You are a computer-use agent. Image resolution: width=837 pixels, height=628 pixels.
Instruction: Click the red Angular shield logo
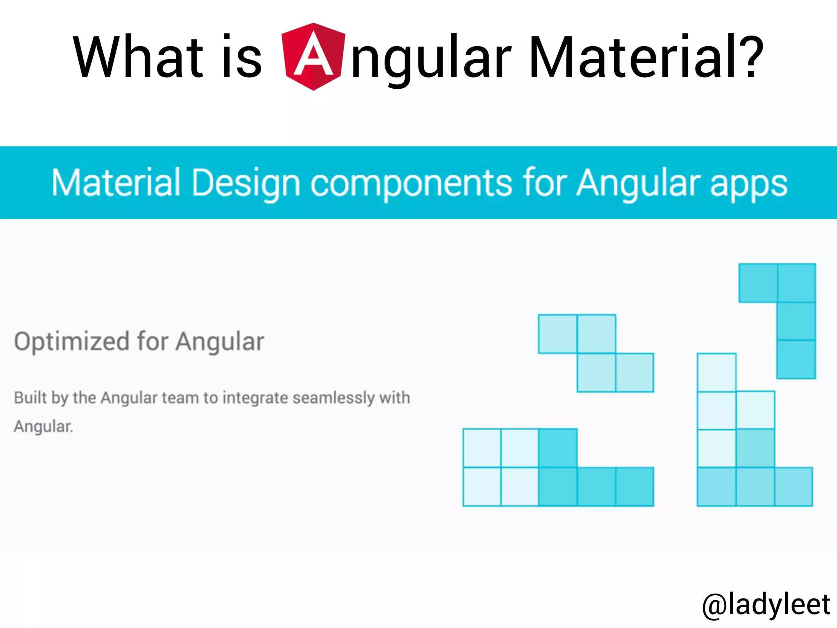pos(313,57)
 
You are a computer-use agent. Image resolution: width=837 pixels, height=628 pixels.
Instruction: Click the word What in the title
pos(138,57)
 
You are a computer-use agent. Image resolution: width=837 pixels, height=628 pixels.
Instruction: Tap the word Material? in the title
pos(646,57)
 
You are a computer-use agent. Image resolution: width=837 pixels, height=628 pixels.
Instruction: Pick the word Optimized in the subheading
pos(72,342)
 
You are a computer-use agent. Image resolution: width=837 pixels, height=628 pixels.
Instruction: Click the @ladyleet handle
pos(766,604)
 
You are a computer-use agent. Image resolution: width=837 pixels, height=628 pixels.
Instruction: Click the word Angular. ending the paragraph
pos(43,426)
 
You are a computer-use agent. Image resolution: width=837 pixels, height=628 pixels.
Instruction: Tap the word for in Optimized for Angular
pos(152,342)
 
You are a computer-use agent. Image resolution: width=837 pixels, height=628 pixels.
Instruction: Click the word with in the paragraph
pos(394,398)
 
